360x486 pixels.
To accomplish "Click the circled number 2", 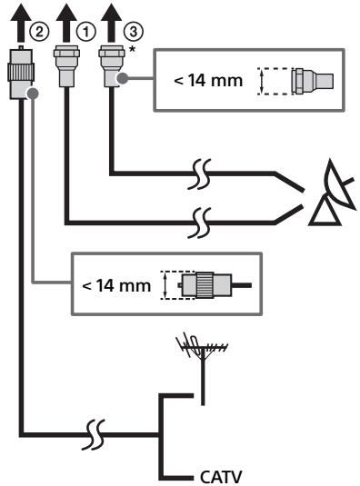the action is click(39, 32).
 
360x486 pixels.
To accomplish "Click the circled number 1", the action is click(85, 32).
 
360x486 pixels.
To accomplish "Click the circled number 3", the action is click(134, 32).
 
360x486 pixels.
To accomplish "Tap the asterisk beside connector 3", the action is click(133, 50).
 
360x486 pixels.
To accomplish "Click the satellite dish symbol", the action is click(332, 193).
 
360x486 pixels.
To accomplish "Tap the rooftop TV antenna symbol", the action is click(203, 369).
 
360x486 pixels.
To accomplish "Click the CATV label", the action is click(221, 477).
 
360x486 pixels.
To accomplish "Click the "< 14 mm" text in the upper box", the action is click(208, 81).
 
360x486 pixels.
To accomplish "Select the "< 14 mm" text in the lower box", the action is click(116, 285).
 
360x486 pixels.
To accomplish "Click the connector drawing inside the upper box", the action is click(312, 81).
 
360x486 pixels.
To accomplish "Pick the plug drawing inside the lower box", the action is click(215, 285).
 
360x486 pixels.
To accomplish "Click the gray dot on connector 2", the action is click(33, 94).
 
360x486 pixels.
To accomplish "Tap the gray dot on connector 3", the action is click(123, 78).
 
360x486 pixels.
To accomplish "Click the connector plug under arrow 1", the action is click(66, 65).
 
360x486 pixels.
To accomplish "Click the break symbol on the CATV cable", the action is click(93, 434).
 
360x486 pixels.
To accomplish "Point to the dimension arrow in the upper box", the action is click(262, 81).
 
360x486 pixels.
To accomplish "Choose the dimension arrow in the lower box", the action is click(165, 285).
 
